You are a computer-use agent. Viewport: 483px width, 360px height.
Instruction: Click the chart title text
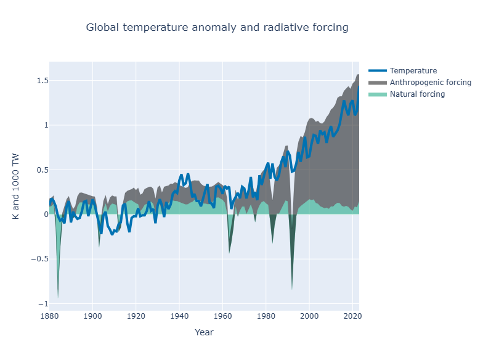click(217, 27)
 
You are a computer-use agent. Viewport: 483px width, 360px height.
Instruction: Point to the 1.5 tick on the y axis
click(43, 80)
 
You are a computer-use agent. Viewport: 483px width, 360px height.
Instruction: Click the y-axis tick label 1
click(46, 125)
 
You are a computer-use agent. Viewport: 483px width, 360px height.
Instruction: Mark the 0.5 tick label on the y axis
click(43, 170)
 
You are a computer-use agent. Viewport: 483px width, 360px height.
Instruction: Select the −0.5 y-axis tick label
click(39, 259)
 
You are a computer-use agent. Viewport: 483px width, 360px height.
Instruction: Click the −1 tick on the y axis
click(43, 304)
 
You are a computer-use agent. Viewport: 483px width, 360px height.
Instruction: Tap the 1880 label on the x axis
click(49, 316)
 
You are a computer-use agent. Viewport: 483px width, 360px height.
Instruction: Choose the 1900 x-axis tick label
click(92, 316)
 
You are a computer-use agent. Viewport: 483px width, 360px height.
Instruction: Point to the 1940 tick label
click(179, 316)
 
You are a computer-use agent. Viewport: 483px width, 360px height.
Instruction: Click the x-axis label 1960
click(223, 316)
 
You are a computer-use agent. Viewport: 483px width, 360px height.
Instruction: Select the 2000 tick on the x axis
click(309, 316)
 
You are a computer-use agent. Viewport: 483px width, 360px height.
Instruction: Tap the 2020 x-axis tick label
click(352, 316)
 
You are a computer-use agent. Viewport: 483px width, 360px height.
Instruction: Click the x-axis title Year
click(204, 332)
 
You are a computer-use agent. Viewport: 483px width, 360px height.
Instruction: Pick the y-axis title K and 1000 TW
click(16, 186)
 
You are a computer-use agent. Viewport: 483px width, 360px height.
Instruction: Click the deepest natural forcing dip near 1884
click(58, 297)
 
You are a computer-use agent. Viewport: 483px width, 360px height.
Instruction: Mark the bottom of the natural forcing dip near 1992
click(292, 289)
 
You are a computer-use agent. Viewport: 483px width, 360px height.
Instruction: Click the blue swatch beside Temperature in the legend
click(378, 70)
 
